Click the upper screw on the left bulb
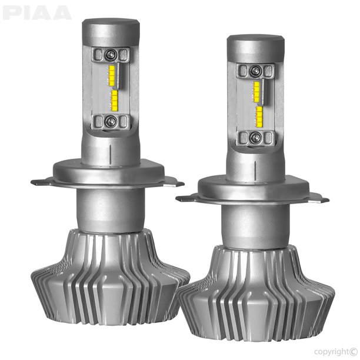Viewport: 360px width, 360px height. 111,55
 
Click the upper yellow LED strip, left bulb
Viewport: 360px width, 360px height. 113,75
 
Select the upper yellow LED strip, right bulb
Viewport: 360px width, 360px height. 256,89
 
